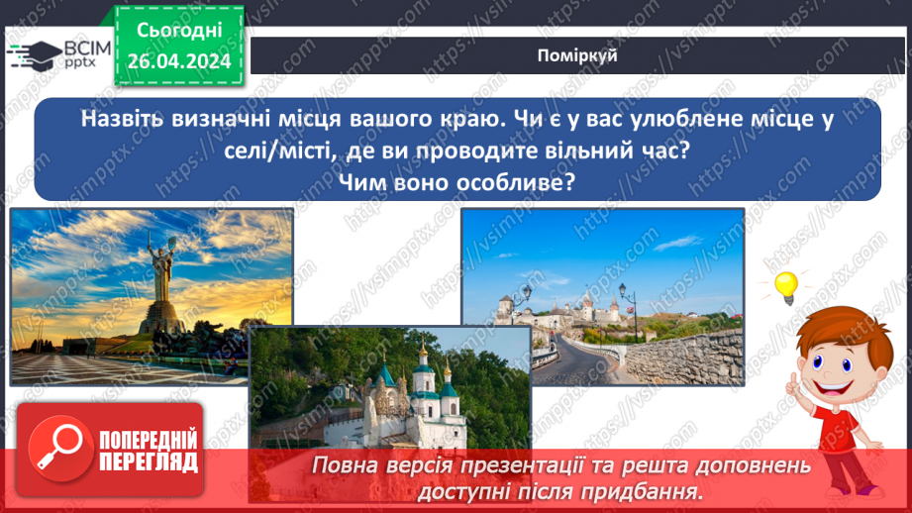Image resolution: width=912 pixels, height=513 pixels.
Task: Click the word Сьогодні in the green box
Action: click(178, 32)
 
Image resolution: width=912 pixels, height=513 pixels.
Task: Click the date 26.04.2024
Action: click(178, 61)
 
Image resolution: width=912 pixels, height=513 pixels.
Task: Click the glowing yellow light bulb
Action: click(785, 286)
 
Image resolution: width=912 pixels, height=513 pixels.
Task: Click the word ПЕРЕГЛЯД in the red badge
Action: click(148, 461)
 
